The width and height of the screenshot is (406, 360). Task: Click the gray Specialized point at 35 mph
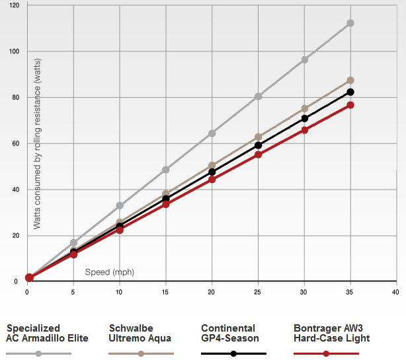tap(350, 23)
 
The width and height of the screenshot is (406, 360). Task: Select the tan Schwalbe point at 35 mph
tap(350, 81)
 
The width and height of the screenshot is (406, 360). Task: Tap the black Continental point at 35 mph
tap(350, 92)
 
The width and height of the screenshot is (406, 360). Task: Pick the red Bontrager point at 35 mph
tap(350, 105)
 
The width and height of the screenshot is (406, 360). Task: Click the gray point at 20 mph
tap(212, 133)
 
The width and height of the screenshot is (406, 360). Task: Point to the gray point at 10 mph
tap(120, 206)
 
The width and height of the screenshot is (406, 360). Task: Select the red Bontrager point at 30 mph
tap(305, 130)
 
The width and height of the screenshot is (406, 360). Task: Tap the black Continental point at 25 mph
tap(259, 145)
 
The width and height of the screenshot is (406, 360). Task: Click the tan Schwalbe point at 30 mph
tap(305, 108)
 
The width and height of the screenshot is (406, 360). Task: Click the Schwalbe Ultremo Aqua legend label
tap(140, 333)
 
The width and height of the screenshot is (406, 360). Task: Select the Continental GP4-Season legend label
tap(229, 333)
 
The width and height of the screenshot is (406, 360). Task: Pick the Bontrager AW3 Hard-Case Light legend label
tap(331, 333)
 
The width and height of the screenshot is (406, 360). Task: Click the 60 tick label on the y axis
tap(16, 143)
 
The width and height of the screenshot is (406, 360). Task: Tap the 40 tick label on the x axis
tap(395, 291)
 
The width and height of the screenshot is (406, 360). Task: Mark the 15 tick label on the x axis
tap(165, 291)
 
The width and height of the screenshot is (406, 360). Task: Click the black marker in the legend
tap(234, 353)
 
